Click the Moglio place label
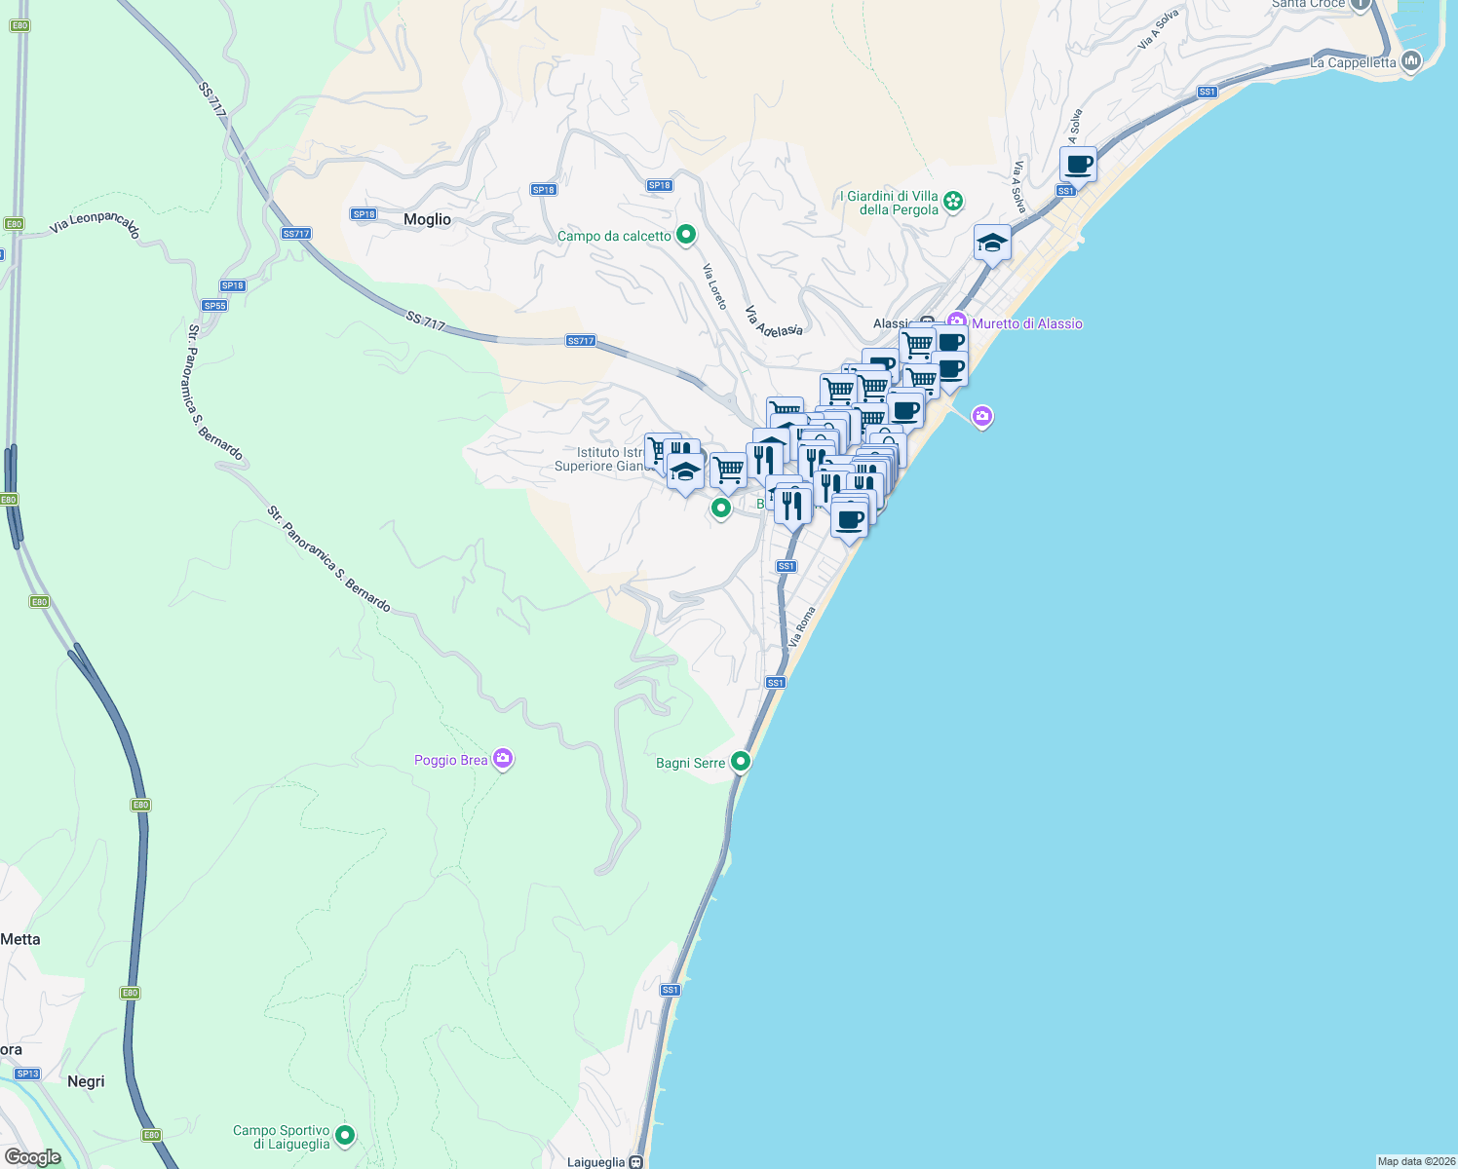427,219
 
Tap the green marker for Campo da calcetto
686,234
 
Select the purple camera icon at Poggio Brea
503,759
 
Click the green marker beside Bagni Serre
741,762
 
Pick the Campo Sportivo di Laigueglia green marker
344,1135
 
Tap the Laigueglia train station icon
635,1162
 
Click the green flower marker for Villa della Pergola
953,202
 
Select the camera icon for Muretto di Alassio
957,322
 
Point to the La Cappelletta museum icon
1410,62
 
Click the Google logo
32,1157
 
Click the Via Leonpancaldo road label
96,225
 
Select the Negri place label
86,1081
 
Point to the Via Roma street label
801,627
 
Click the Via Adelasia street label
774,321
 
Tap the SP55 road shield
214,305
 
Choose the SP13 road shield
27,1074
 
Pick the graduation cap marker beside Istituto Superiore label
685,473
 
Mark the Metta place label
20,939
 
